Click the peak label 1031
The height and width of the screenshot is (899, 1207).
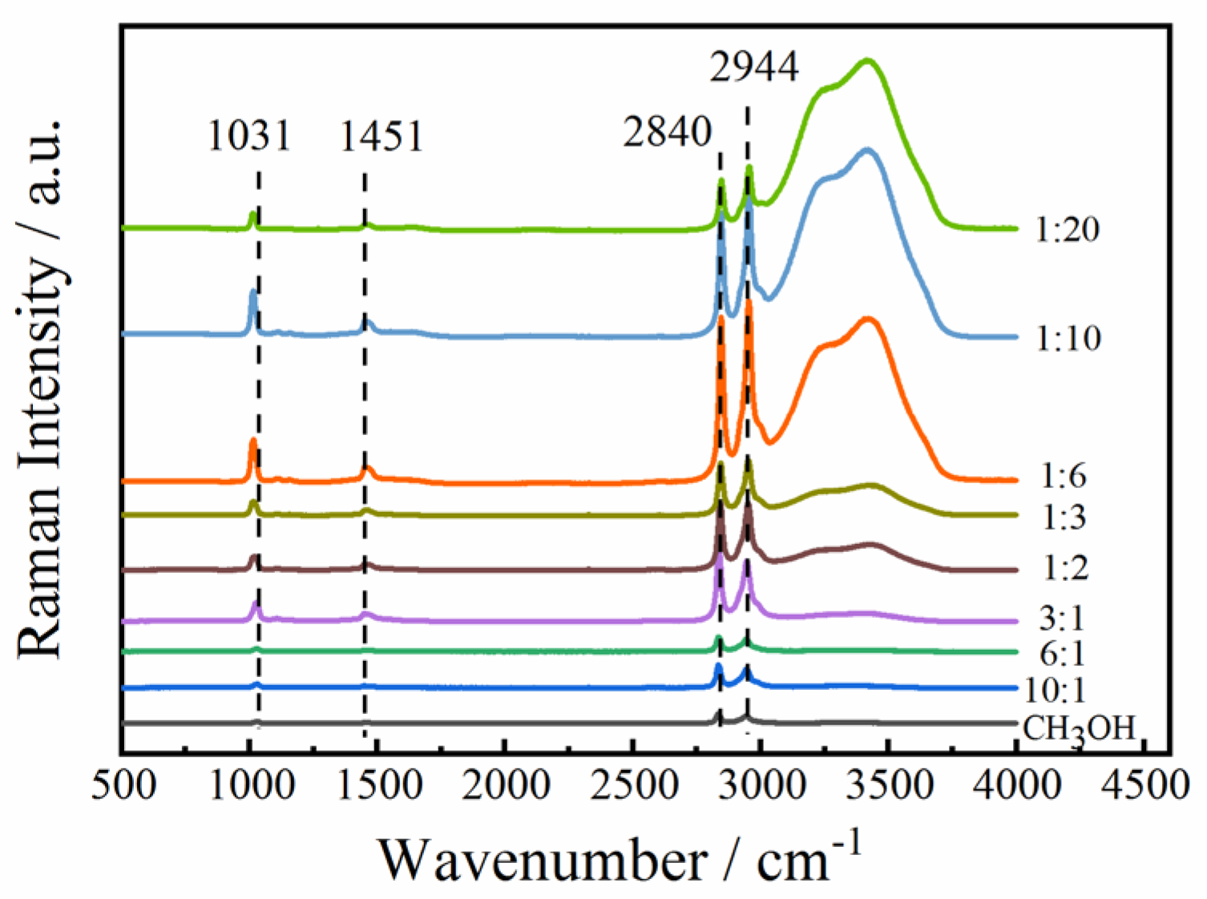pos(248,135)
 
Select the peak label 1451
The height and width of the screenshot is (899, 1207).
pos(381,135)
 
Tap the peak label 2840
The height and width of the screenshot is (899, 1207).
pos(668,131)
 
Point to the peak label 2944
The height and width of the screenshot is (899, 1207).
pos(753,67)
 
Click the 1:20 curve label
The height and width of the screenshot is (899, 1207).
pos(1067,230)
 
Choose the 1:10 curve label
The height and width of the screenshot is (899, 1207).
pos(1068,338)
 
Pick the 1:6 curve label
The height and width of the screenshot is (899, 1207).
pos(1063,476)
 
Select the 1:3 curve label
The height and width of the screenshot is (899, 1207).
pos(1063,517)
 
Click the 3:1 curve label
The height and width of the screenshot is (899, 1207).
pos(1061,618)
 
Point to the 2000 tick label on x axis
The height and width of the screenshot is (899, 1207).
pos(506,784)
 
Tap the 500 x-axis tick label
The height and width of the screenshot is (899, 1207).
pos(124,784)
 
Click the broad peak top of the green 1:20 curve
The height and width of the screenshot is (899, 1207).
pos(866,60)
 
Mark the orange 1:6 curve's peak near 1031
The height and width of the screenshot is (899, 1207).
pos(253,441)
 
